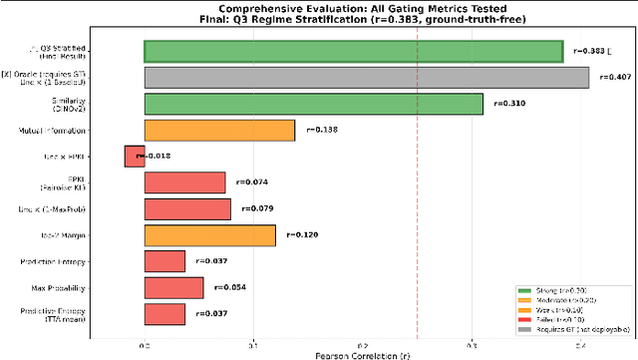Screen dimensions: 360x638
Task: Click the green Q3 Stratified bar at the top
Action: [354, 51]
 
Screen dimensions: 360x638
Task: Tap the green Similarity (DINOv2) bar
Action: [313, 104]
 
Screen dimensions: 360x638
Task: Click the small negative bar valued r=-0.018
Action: [134, 156]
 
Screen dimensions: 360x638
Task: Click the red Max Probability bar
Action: [173, 287]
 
